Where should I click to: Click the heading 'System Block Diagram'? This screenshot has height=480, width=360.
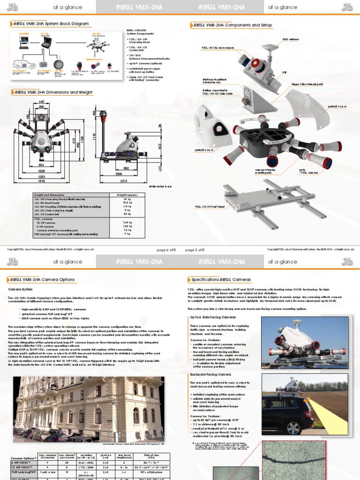[x=49, y=23]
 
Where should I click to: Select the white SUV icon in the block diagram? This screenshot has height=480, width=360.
[x=23, y=64]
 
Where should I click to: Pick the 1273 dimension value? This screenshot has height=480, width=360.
[x=124, y=180]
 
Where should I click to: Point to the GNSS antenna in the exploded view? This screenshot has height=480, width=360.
[x=271, y=47]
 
